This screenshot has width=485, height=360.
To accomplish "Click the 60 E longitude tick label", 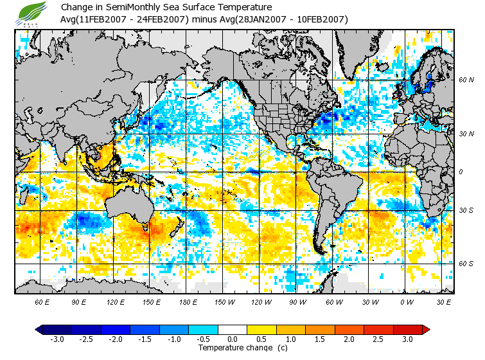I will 42,302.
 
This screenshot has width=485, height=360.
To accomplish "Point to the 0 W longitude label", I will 407,302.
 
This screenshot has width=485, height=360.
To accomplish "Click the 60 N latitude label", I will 466,80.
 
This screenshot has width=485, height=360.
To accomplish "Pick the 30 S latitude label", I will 466,210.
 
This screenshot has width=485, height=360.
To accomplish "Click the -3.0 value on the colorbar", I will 57,339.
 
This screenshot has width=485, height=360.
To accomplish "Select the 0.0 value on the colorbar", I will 233,339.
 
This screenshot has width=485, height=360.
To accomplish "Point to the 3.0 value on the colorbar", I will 408,339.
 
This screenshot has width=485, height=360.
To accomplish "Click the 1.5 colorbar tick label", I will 320,339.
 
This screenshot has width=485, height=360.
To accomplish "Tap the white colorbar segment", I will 233,329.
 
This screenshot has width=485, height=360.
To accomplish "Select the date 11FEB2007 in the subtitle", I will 108,19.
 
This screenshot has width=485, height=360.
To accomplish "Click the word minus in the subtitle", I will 204,19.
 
